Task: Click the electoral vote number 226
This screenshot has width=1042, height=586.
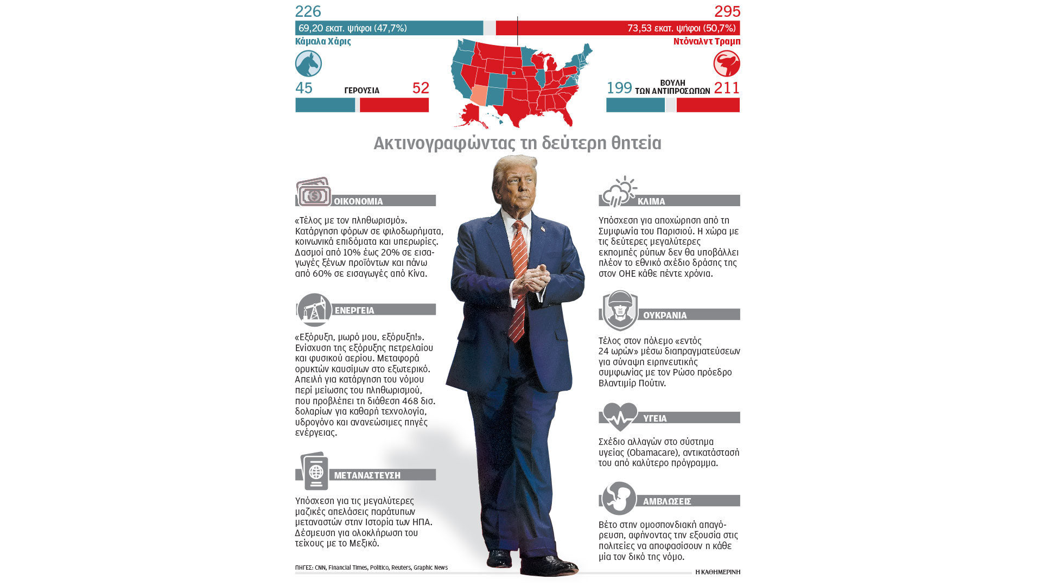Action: (308, 11)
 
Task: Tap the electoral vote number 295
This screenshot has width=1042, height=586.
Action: (727, 11)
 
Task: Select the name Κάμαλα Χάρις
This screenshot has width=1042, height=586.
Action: (323, 41)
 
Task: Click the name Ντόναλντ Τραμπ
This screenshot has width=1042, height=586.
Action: (707, 41)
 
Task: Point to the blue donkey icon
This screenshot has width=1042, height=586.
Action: (308, 63)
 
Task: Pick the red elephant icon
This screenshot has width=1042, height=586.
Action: (726, 63)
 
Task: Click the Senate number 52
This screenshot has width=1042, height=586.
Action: (421, 88)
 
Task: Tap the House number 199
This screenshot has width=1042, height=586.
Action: (619, 88)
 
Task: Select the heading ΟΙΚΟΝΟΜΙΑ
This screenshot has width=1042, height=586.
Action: (358, 201)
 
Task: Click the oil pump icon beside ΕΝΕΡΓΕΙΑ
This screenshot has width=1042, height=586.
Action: (314, 310)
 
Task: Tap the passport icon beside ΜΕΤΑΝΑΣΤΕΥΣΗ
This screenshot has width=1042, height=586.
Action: (314, 471)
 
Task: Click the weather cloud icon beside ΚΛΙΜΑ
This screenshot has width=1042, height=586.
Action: (619, 192)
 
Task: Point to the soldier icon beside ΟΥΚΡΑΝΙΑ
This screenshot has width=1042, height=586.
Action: (620, 310)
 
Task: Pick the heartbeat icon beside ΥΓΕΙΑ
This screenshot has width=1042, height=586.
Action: (620, 417)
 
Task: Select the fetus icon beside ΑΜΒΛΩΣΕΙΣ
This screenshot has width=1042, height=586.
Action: (619, 498)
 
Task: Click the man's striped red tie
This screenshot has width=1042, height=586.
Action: (519, 282)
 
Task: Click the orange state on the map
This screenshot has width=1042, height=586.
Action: (479, 95)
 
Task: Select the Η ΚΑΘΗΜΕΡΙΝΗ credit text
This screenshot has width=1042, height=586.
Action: (717, 572)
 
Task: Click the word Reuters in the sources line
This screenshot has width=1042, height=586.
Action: (401, 568)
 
